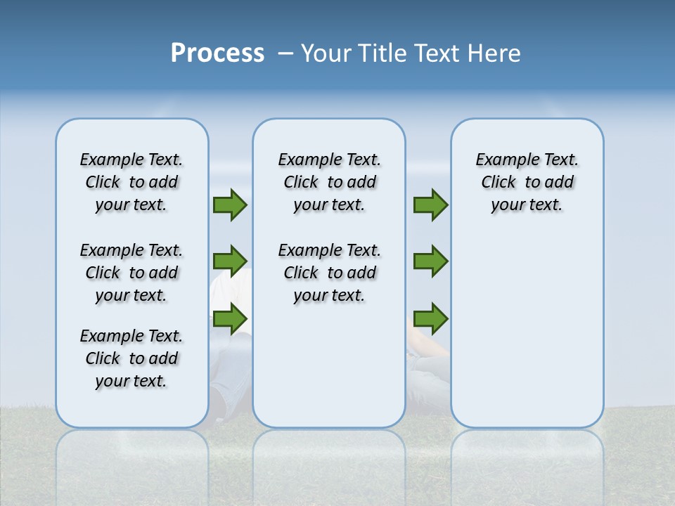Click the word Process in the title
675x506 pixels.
217,53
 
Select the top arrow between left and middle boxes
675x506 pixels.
230,205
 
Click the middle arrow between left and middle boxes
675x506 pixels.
230,261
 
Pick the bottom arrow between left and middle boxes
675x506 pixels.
230,319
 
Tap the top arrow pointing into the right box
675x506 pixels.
430,205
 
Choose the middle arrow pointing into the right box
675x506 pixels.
430,261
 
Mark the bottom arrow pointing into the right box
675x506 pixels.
430,319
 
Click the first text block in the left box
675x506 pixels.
131,182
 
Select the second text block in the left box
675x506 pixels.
131,273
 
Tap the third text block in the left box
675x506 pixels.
131,358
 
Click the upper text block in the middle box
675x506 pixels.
329,182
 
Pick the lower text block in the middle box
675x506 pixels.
329,273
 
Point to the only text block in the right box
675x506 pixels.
527,182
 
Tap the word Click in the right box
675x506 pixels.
499,183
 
